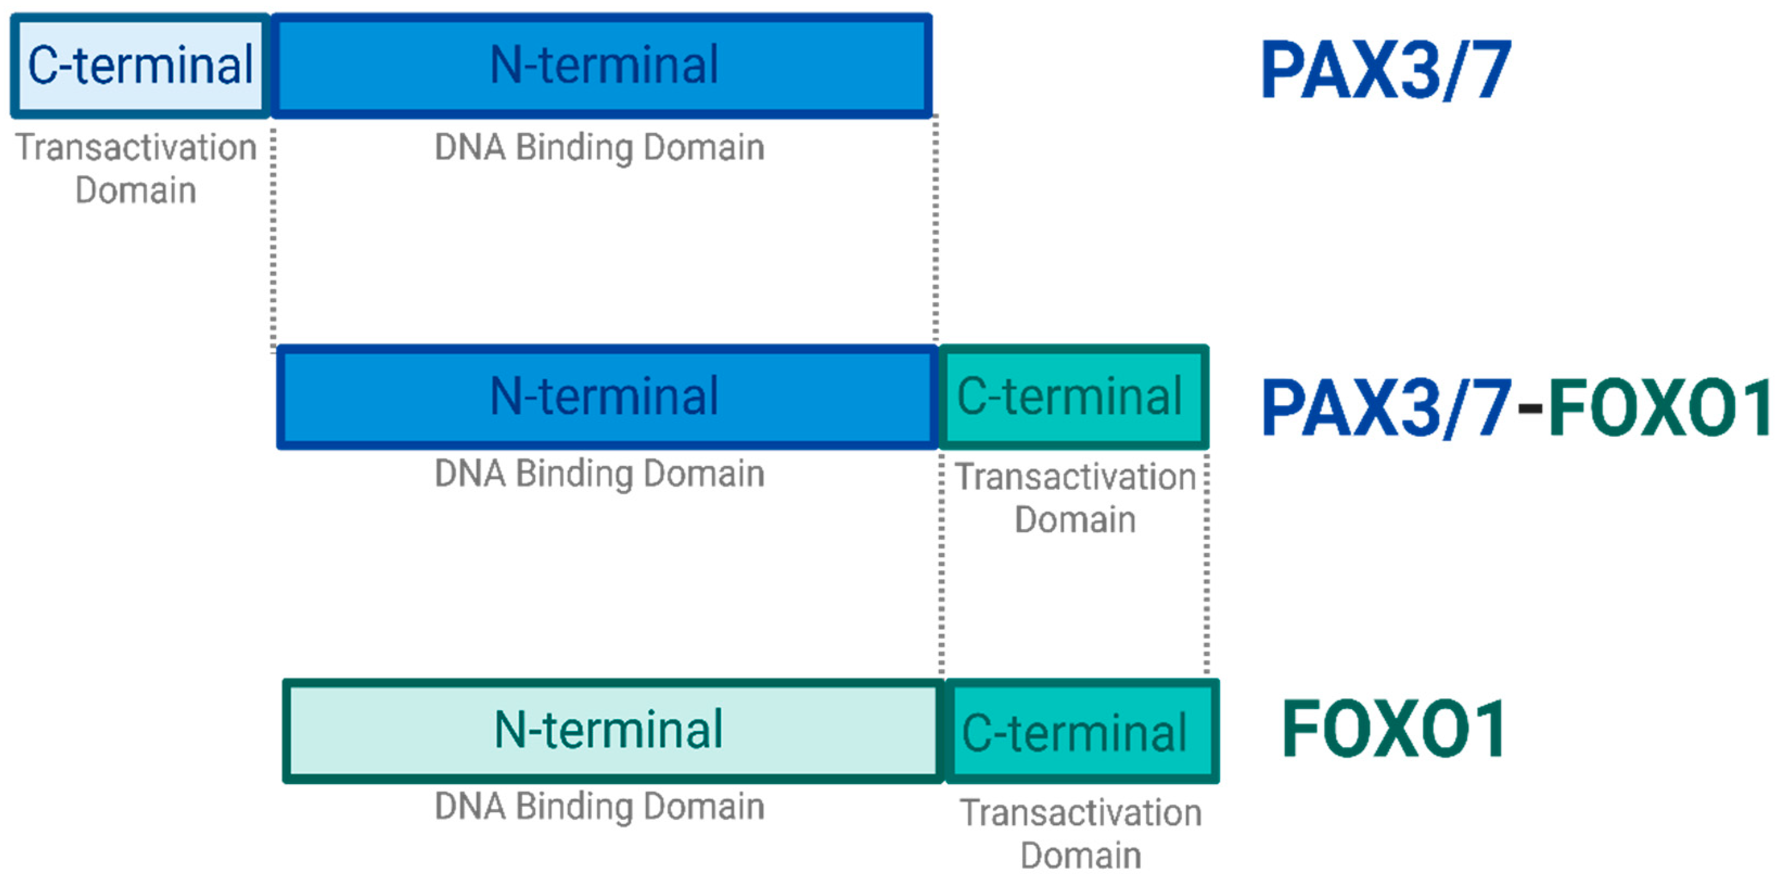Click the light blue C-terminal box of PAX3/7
point(141,66)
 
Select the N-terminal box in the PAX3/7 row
point(602,66)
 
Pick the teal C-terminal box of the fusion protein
point(1073,397)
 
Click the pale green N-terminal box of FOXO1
point(612,730)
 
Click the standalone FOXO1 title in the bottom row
point(1394,730)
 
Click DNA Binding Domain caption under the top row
point(599,148)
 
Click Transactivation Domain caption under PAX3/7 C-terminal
point(136,169)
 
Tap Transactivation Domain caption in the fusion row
point(1075,498)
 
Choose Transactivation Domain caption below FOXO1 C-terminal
point(1081,833)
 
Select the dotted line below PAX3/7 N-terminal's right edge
point(935,228)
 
